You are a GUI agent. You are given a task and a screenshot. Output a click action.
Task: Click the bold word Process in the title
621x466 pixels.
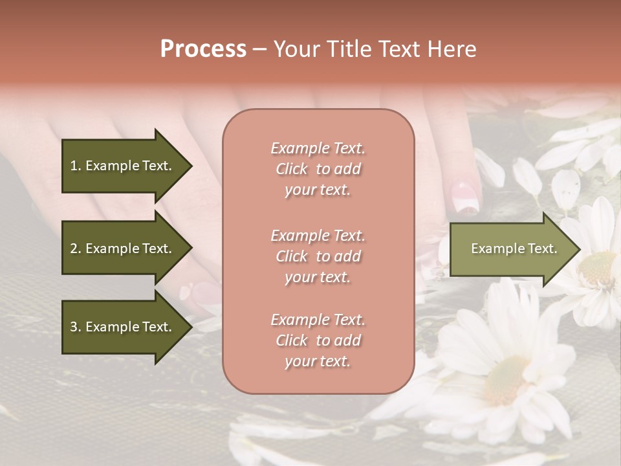tap(203, 49)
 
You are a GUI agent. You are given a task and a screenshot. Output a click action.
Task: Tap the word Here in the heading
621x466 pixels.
tap(452, 49)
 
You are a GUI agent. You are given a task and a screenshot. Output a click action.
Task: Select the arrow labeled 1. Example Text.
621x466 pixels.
tap(123, 166)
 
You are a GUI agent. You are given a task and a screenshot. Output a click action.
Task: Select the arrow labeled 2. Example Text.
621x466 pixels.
tap(123, 249)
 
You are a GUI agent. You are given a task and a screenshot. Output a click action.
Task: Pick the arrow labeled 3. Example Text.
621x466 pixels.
tap(123, 327)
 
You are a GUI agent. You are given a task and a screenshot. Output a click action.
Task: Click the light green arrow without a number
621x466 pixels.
tap(511, 249)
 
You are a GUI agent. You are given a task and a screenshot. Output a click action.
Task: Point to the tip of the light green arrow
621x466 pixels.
tap(579, 249)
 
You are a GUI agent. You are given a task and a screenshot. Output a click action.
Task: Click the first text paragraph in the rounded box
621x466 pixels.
tap(318, 169)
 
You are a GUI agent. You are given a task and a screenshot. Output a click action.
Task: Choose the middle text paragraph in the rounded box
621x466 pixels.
tap(318, 256)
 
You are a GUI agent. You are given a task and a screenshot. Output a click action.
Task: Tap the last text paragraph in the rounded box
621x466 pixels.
tap(318, 340)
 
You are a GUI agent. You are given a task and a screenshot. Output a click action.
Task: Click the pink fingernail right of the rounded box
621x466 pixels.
tap(464, 197)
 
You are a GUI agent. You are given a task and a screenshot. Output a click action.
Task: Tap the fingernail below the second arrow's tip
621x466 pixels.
tap(206, 293)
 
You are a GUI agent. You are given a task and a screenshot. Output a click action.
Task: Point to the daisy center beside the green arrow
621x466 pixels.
tap(599, 269)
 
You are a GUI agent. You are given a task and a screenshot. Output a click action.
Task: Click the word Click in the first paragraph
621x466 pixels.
tap(292, 169)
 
